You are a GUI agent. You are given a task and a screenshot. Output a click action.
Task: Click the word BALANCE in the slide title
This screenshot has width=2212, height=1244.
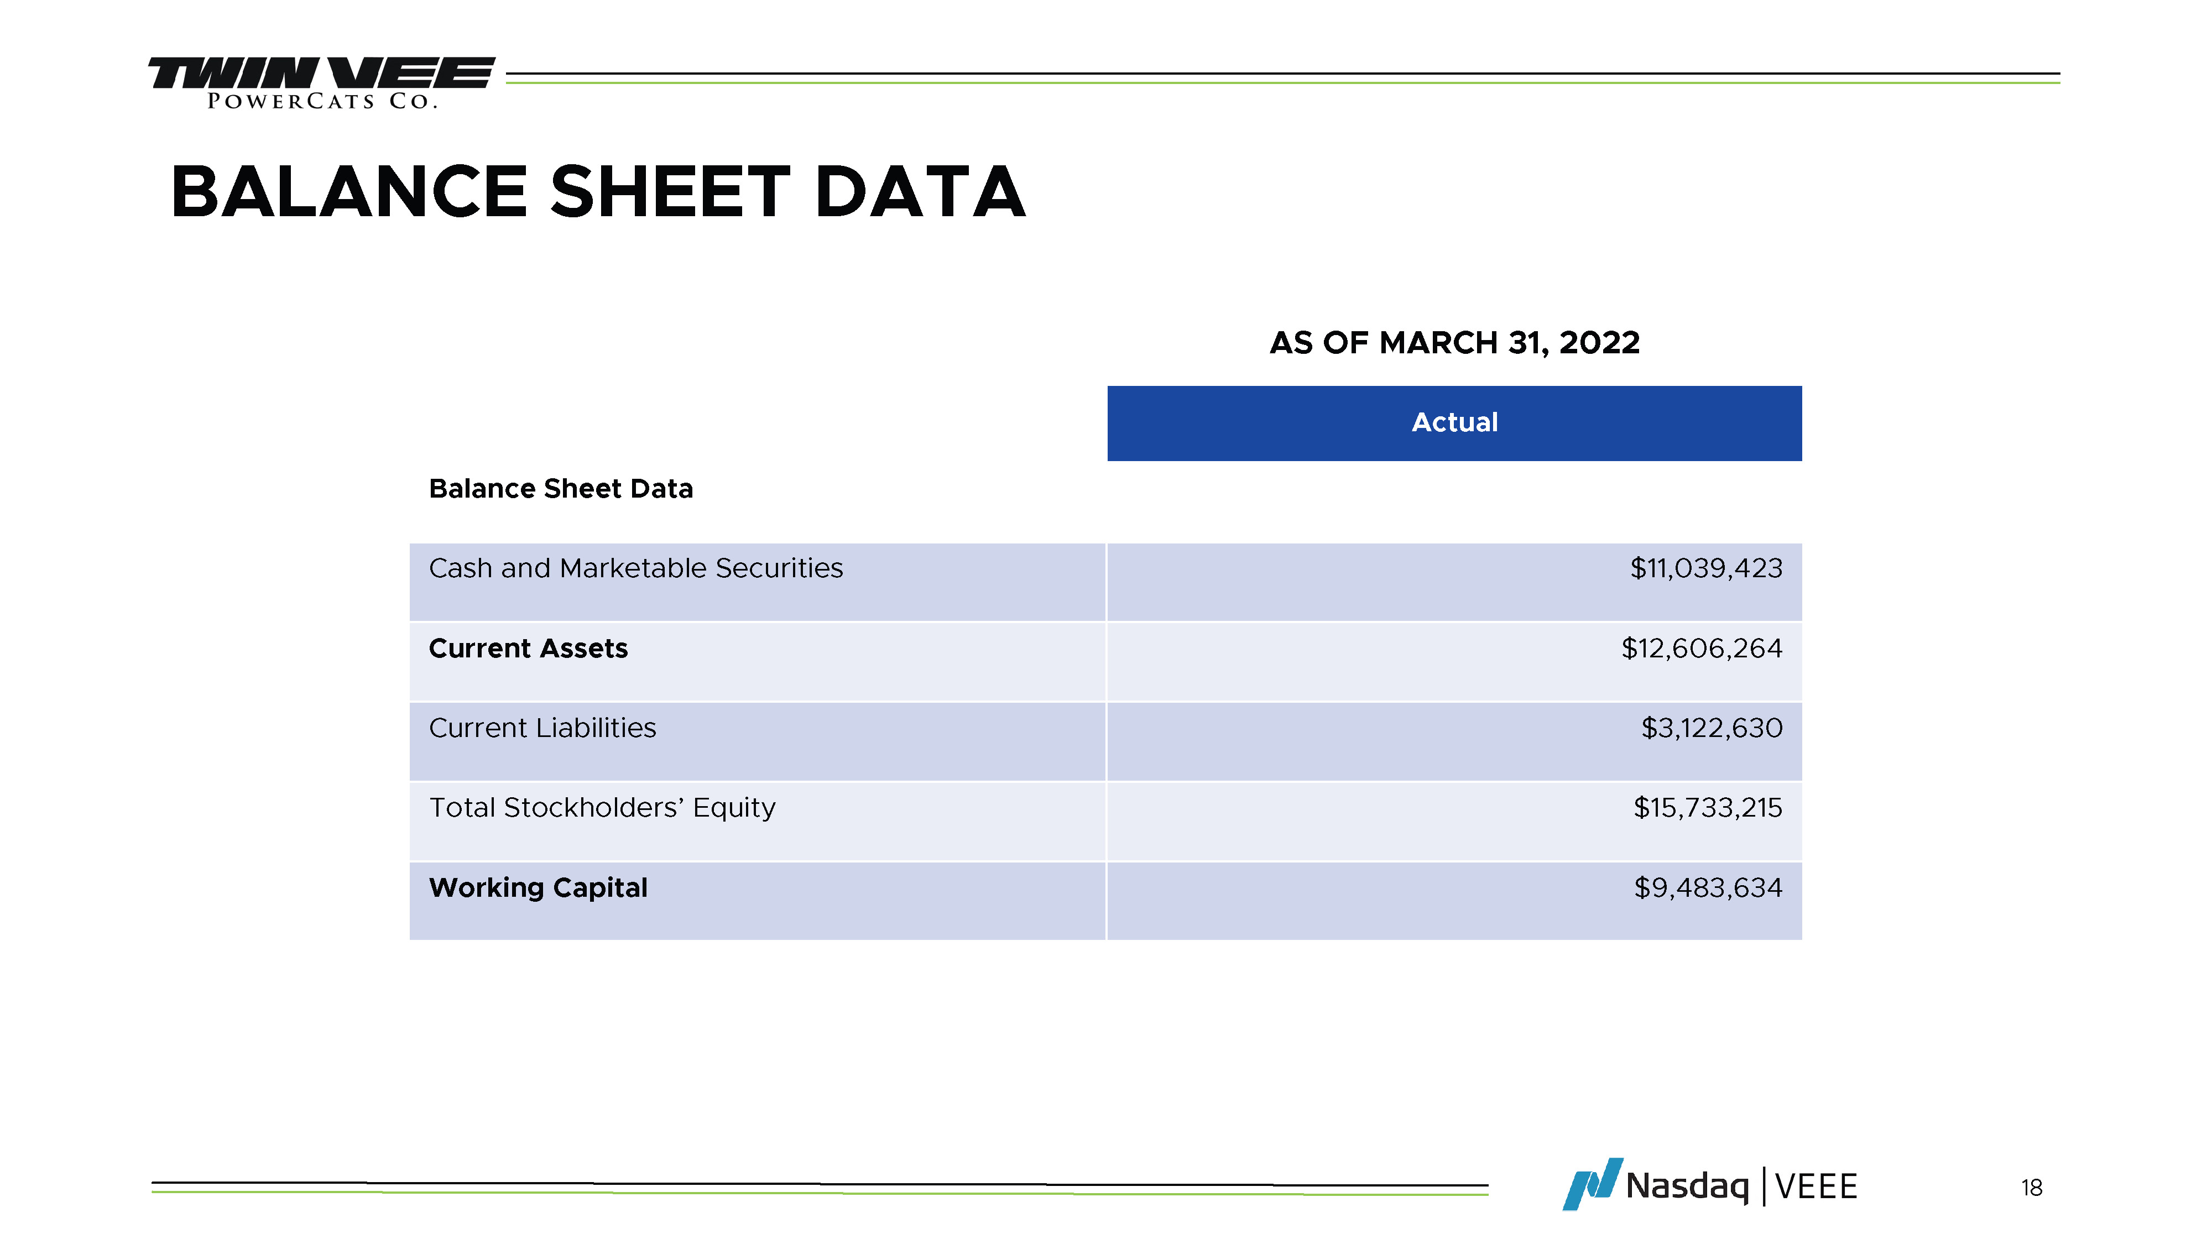[x=348, y=192]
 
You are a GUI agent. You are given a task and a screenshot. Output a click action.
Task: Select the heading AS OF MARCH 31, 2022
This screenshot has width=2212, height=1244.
[x=1454, y=343]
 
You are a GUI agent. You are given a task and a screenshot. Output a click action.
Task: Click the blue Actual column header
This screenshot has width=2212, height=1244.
[x=1454, y=424]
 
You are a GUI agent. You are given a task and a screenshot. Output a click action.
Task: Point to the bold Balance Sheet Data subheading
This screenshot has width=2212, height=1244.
[x=561, y=489]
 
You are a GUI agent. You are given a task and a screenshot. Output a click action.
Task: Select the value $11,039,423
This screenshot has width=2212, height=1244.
[x=1706, y=568]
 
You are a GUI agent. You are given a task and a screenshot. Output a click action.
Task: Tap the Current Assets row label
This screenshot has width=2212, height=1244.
[x=528, y=648]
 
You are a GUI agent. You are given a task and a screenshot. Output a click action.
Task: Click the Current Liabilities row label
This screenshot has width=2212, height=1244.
[x=542, y=728]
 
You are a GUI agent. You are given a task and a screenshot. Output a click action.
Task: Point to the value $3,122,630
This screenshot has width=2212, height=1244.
[x=1712, y=728]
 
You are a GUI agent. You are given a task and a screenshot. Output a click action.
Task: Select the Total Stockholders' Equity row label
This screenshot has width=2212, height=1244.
[x=603, y=808]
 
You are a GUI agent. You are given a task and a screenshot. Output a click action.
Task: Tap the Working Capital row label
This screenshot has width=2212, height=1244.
[x=539, y=888]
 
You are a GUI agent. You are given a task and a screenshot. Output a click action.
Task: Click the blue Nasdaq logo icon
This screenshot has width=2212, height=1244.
[x=1593, y=1184]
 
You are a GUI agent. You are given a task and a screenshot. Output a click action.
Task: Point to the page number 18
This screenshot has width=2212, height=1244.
[x=2032, y=1188]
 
